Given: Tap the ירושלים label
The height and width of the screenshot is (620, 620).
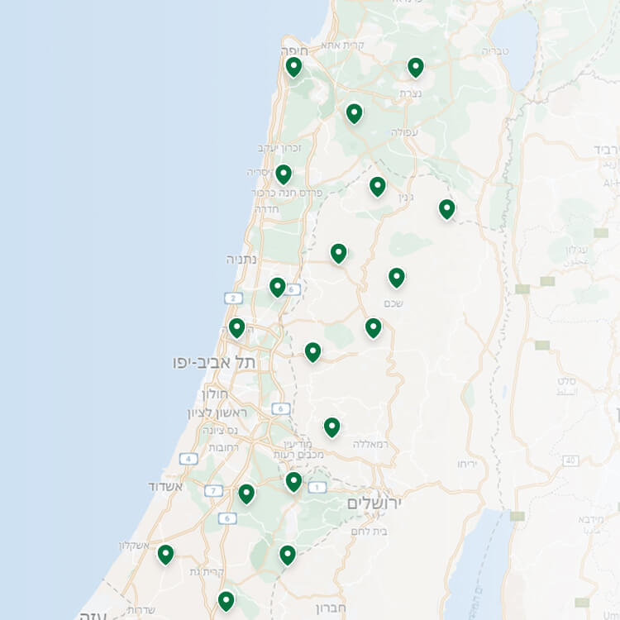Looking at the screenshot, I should tap(374, 503).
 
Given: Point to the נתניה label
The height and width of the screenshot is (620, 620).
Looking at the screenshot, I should tap(242, 259).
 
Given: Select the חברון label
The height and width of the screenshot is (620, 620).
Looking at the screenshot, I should tap(331, 608).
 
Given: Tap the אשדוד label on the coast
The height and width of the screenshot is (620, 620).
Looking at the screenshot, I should tap(165, 485).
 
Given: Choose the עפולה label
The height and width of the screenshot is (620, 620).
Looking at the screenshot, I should tap(404, 131).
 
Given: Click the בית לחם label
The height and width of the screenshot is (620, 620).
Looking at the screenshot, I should tap(368, 531).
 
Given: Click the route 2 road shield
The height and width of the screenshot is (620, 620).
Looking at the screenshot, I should tap(234, 298).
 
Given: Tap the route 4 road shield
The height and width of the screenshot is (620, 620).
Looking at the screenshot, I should tap(189, 459).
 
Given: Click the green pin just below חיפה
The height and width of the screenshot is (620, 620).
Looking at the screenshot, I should tap(293, 66).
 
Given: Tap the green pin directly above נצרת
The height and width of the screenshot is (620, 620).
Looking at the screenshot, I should tap(415, 67).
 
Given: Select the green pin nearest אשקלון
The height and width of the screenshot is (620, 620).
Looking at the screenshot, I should tap(165, 554).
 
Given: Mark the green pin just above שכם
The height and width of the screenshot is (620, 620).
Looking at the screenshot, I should tap(397, 277).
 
